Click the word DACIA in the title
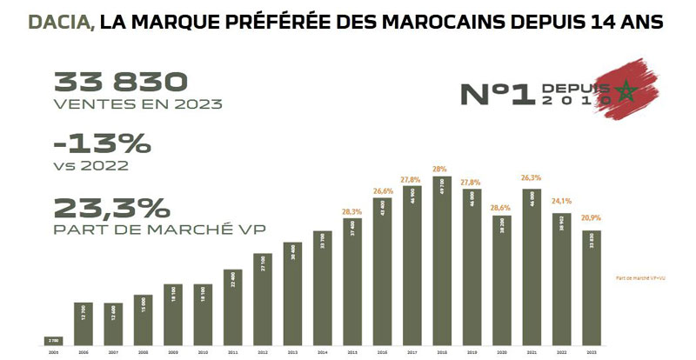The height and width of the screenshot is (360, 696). [62, 22]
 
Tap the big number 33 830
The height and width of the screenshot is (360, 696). [121, 83]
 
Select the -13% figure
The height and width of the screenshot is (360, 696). [102, 143]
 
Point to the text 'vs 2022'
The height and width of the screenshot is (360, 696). [91, 164]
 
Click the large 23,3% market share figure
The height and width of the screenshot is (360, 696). [111, 209]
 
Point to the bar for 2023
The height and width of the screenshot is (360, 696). [592, 288]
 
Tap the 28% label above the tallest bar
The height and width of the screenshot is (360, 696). [441, 169]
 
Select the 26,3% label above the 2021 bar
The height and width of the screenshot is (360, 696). [531, 180]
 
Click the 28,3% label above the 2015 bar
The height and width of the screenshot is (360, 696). [351, 211]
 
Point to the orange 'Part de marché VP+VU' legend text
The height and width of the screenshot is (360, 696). [639, 277]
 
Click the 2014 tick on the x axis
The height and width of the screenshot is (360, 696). [321, 353]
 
